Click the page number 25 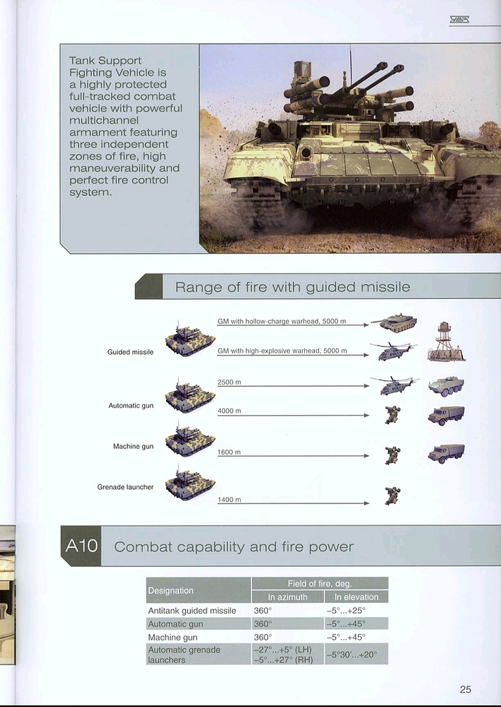point(466,689)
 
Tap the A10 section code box point(81,546)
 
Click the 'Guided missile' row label point(130,351)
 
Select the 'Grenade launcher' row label point(125,487)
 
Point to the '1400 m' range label point(229,500)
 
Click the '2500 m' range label point(229,382)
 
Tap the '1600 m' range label point(229,452)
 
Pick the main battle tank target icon point(394,322)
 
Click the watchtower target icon point(446,341)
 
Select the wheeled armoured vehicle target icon point(446,387)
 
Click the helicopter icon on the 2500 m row point(394,385)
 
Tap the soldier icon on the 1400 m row point(393,496)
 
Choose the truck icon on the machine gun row point(446,453)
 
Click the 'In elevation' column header point(357,597)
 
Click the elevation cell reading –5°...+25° point(346,611)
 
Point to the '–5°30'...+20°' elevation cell point(352,654)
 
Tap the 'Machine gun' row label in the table point(173,637)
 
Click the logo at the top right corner point(459,19)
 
